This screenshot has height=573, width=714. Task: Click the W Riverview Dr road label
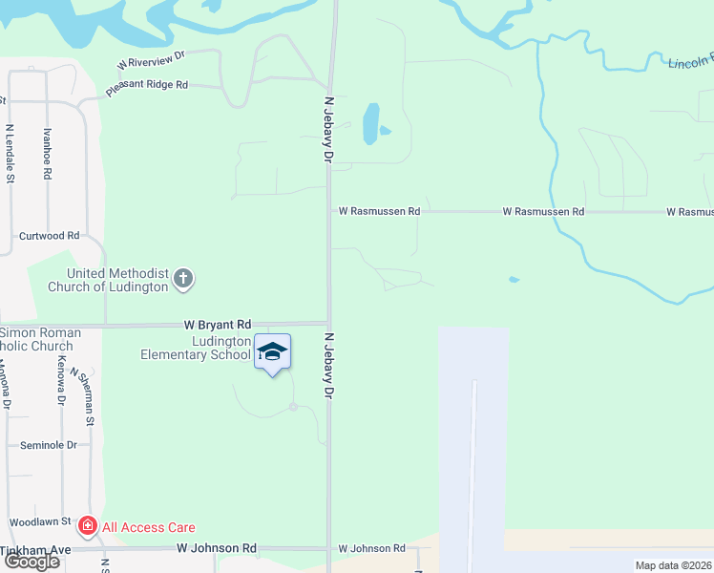pos(150,61)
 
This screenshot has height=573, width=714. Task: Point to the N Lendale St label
pos(9,153)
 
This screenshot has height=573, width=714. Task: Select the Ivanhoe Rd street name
pos(47,154)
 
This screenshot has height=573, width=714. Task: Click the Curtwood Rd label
pos(49,235)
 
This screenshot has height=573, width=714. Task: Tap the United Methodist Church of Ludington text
pos(118,279)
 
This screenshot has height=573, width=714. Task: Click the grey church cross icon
pos(183,280)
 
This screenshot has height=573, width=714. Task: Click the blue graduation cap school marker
pos(273,351)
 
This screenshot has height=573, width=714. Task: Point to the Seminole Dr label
pos(48,445)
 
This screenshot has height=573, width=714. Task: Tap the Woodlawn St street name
pos(40,522)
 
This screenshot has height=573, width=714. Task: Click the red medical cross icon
pos(87,526)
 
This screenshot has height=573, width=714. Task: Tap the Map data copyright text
pos(672,565)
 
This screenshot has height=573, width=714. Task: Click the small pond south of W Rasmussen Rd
pos(514,280)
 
